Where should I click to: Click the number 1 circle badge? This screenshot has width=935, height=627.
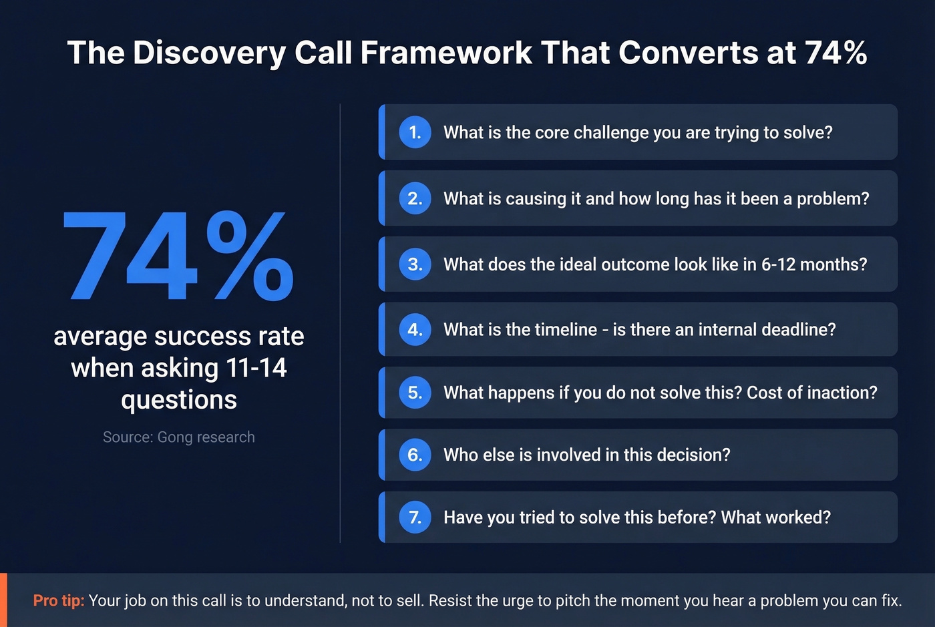pyautogui.click(x=415, y=132)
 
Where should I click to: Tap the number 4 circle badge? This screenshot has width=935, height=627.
pyautogui.click(x=415, y=329)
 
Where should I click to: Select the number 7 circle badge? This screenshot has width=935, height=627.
pyautogui.click(x=415, y=517)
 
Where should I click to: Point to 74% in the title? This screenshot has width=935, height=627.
pyautogui.click(x=835, y=53)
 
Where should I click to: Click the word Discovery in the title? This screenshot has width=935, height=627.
pyautogui.click(x=209, y=53)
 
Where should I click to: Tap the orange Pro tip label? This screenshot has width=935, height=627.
pyautogui.click(x=59, y=600)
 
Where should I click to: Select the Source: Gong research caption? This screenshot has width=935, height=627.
pyautogui.click(x=178, y=437)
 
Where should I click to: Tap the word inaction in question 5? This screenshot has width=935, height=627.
pyautogui.click(x=841, y=393)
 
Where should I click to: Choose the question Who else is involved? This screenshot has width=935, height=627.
pyautogui.click(x=586, y=455)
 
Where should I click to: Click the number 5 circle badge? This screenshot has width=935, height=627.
pyautogui.click(x=415, y=393)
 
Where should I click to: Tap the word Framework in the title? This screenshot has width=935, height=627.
pyautogui.click(x=446, y=53)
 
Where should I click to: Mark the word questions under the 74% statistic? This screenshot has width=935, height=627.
pyautogui.click(x=178, y=400)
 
